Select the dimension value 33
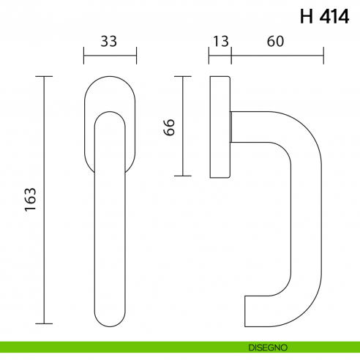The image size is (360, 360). pos(109,42)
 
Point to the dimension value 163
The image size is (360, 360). pos(31,200)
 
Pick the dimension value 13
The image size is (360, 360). pos(220,42)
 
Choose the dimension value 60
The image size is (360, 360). pos(275,42)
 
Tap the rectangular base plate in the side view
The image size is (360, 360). pos(220,126)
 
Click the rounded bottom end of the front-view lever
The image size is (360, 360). pos(110,315)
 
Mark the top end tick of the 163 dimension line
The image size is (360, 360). pos(45,76)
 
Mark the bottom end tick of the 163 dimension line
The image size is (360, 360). pos(45,323)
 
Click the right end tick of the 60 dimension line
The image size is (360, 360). pos(323,55)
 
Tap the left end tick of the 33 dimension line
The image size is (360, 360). pos(84,55)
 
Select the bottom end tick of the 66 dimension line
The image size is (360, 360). pos(182,176)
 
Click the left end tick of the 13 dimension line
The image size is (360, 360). pos(210,55)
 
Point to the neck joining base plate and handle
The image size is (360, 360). pos(233,126)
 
